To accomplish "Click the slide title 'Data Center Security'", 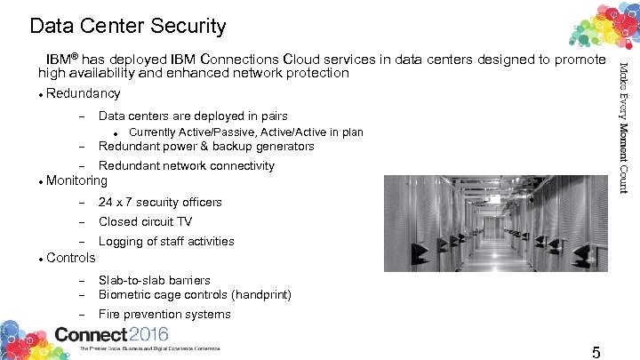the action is pyautogui.click(x=127, y=27).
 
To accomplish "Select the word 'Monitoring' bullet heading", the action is pyautogui.click(x=76, y=180).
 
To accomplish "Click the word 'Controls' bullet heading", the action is pyautogui.click(x=70, y=258).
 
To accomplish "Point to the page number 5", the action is pyautogui.click(x=596, y=352).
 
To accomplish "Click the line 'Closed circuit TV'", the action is pyautogui.click(x=145, y=221).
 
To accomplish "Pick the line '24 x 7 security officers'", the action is pyautogui.click(x=160, y=202).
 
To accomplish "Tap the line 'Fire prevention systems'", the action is pyautogui.click(x=164, y=314).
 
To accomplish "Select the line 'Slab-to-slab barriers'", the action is pyautogui.click(x=155, y=280).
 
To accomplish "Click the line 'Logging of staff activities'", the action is pyautogui.click(x=166, y=241).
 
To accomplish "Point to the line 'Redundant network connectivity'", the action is pyautogui.click(x=187, y=165).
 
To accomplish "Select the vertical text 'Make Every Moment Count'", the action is pyautogui.click(x=623, y=127).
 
